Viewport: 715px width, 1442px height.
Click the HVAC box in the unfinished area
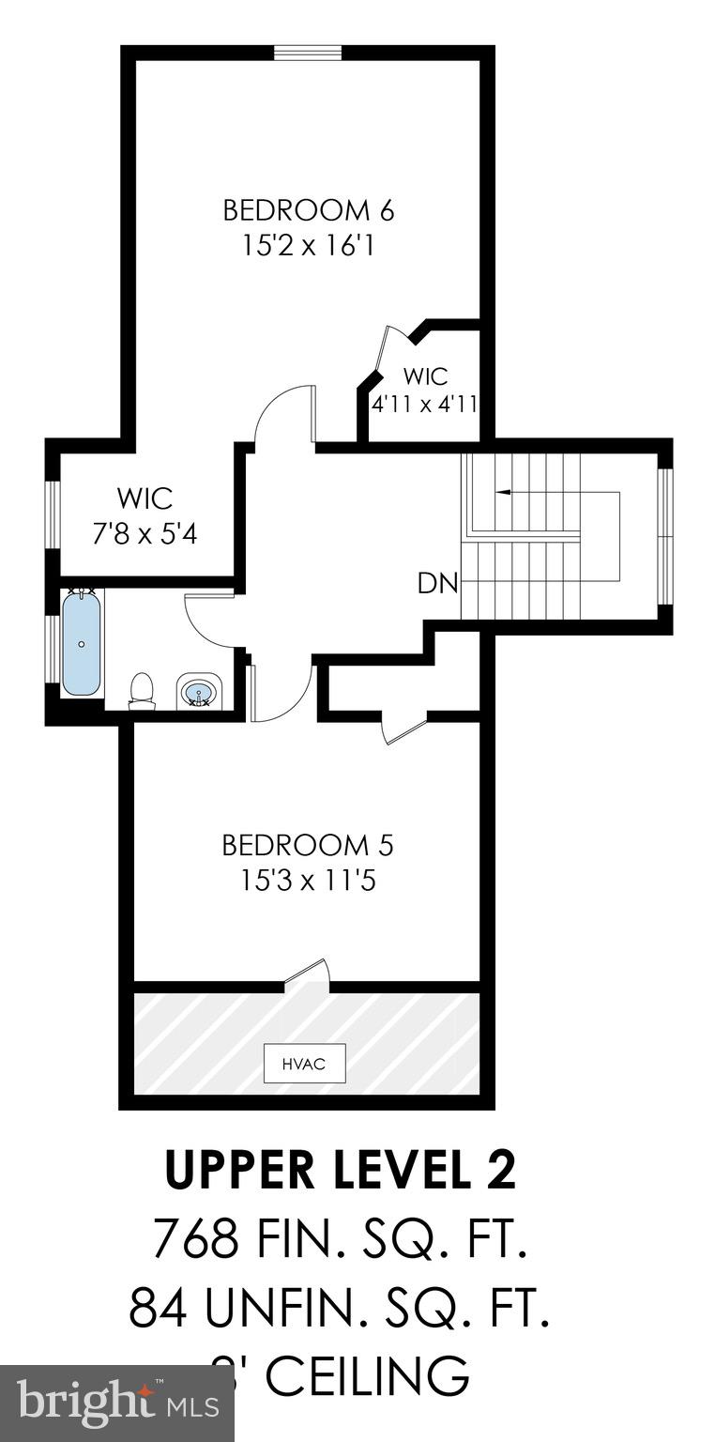(304, 1064)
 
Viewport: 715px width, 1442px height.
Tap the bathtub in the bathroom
(82, 643)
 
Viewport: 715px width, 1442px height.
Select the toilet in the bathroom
(142, 689)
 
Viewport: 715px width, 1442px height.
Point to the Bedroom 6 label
(308, 209)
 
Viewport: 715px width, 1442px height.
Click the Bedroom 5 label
(307, 845)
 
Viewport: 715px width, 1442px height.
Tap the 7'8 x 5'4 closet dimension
(145, 534)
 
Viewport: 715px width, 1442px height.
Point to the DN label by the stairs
(437, 584)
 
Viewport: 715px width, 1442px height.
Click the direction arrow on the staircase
(504, 491)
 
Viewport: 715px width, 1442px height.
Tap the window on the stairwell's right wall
(665, 536)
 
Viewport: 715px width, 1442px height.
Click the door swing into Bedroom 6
(285, 413)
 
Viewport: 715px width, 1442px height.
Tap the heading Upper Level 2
(341, 1170)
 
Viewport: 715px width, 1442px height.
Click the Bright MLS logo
(116, 1404)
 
